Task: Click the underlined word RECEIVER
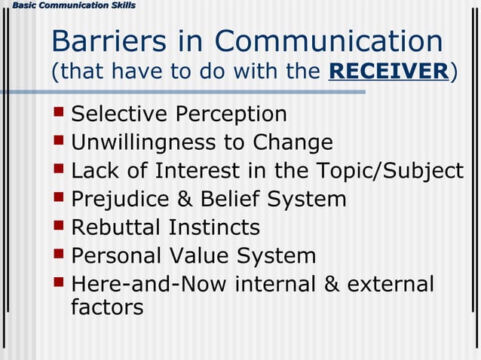pyautogui.click(x=389, y=72)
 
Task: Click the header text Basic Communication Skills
pyautogui.click(x=69, y=6)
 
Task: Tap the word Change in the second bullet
pyautogui.click(x=293, y=142)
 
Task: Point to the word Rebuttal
pyautogui.click(x=116, y=227)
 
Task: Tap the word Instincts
pyautogui.click(x=214, y=227)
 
